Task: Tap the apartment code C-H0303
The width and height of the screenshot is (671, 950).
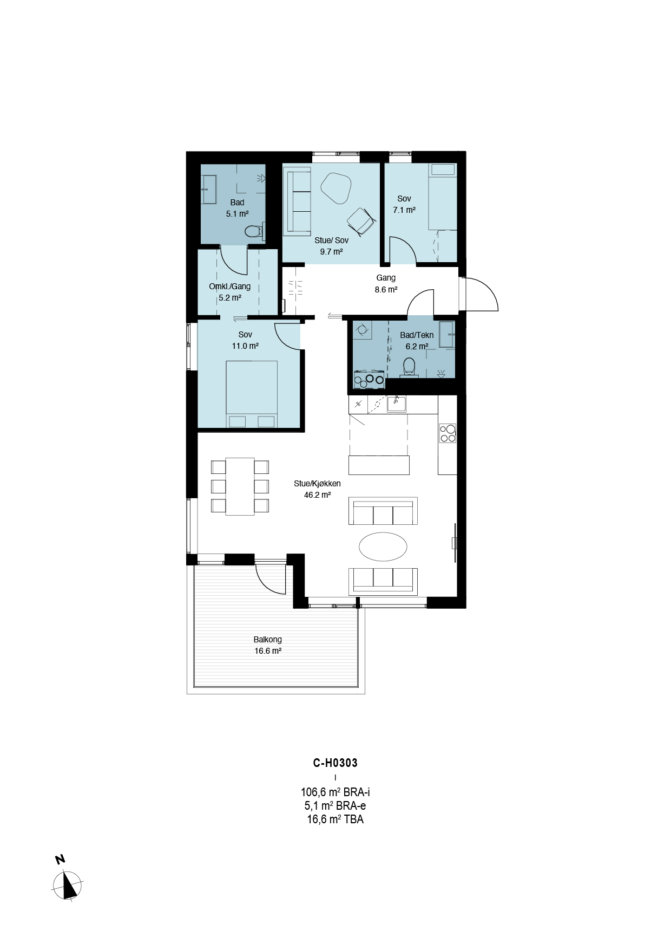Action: click(335, 763)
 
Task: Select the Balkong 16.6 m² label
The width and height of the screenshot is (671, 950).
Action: click(268, 645)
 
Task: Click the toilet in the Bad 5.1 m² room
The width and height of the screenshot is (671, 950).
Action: click(253, 232)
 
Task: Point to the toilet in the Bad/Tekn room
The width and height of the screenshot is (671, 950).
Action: click(409, 367)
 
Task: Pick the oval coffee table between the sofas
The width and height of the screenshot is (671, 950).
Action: click(383, 546)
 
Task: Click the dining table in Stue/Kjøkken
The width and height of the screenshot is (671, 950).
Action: click(240, 486)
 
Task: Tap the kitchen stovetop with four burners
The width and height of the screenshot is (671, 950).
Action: click(448, 433)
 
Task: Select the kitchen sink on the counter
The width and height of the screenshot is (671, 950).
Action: click(397, 404)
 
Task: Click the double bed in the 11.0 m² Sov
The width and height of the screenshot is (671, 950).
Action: click(252, 394)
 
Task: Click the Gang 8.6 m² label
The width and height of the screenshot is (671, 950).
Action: click(386, 283)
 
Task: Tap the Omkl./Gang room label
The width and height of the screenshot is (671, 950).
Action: click(230, 292)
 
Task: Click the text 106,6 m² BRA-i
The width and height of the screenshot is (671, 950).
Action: click(335, 792)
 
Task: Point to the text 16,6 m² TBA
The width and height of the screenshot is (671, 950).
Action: click(335, 819)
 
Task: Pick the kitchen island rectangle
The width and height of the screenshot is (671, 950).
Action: click(379, 465)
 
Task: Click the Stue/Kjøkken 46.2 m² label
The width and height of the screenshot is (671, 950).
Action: click(318, 489)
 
